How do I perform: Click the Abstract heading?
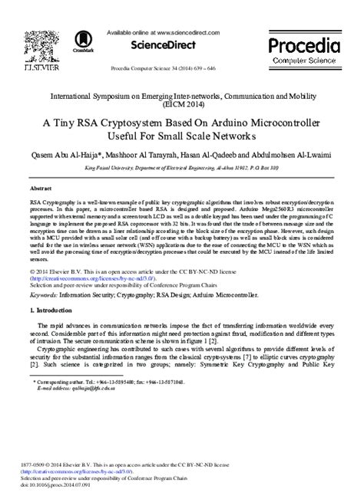(41, 187)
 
